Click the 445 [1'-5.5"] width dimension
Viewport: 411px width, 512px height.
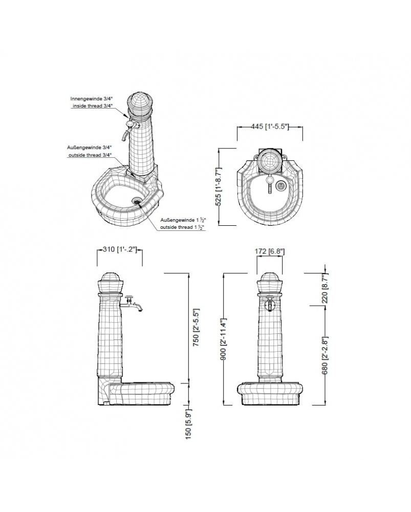(x=270, y=126)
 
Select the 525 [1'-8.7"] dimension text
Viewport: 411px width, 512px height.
(x=219, y=186)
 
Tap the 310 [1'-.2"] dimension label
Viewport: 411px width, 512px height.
(x=119, y=249)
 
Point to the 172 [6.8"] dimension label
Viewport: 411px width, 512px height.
(x=269, y=251)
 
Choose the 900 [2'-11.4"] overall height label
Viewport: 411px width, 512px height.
(x=224, y=339)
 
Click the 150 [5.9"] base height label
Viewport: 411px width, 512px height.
(x=188, y=424)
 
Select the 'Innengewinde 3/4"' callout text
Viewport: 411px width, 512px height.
(x=92, y=98)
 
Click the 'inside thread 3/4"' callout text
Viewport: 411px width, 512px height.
(x=92, y=106)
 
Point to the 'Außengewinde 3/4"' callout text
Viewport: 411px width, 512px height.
(x=90, y=147)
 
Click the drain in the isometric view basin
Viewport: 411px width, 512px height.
(x=137, y=201)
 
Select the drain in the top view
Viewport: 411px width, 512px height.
(x=280, y=186)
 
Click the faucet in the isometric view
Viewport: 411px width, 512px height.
(x=129, y=129)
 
